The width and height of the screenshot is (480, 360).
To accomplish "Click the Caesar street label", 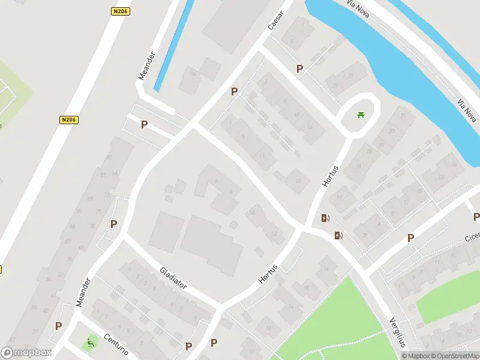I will [x=275, y=20].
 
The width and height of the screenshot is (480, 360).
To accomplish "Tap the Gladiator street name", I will [x=173, y=278].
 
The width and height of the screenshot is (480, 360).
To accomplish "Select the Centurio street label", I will [x=115, y=344].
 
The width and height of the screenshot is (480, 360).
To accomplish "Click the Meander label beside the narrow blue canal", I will [x=146, y=65].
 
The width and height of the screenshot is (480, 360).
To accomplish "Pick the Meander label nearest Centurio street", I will [x=83, y=292].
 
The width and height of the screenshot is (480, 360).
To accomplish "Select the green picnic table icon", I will [x=361, y=115].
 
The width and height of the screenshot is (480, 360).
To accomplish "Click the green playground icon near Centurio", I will [x=91, y=343].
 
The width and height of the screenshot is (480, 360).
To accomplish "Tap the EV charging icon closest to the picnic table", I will [x=325, y=218].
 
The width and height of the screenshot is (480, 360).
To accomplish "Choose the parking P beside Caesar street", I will [x=235, y=92].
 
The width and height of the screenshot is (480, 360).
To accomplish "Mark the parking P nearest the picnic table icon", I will [x=299, y=69].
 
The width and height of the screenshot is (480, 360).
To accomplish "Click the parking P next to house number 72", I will [x=113, y=224].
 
